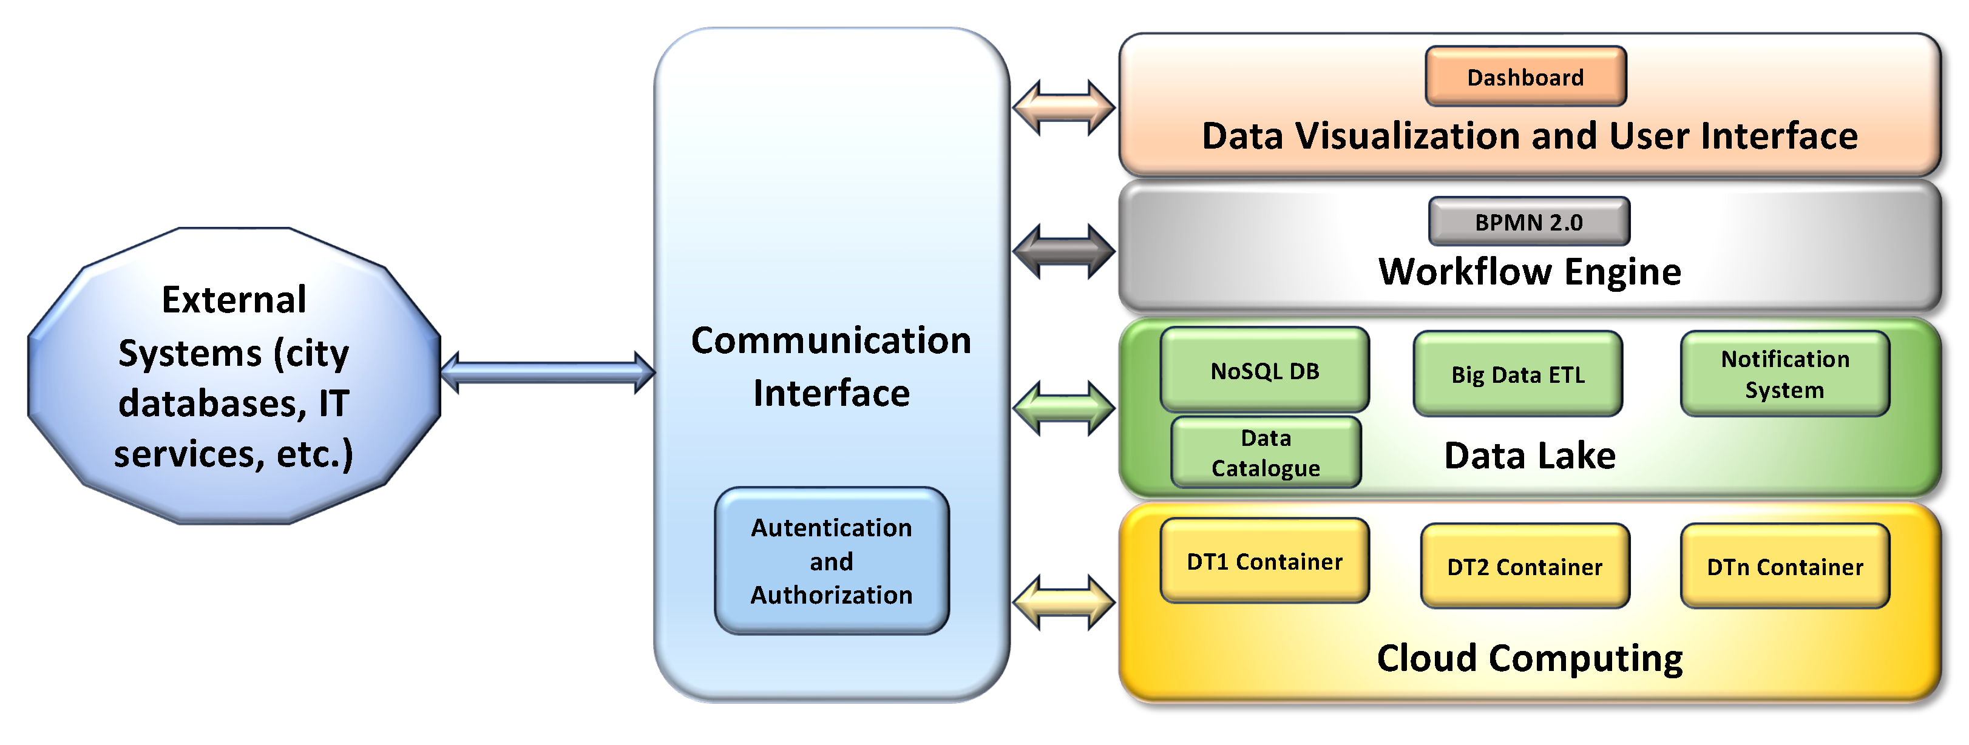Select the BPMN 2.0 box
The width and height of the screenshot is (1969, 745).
click(1529, 221)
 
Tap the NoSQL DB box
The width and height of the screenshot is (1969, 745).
click(1264, 371)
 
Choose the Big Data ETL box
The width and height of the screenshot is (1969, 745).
click(1518, 374)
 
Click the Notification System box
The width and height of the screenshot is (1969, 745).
click(1785, 374)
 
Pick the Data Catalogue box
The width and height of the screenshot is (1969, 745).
click(1266, 453)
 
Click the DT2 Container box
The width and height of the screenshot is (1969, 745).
click(1525, 566)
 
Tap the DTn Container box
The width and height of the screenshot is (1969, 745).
click(1785, 566)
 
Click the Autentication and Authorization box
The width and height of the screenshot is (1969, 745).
click(832, 561)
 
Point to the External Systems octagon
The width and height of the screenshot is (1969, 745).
click(234, 376)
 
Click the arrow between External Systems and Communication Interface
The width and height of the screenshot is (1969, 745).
click(548, 372)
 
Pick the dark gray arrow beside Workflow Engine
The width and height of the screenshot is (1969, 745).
click(1063, 251)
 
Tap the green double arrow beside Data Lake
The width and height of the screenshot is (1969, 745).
click(1063, 408)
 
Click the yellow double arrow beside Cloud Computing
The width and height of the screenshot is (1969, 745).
click(1063, 602)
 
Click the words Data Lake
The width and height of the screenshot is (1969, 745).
click(1530, 456)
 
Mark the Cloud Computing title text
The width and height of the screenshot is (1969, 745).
click(1530, 658)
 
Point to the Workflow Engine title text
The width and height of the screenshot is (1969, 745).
click(1530, 271)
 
